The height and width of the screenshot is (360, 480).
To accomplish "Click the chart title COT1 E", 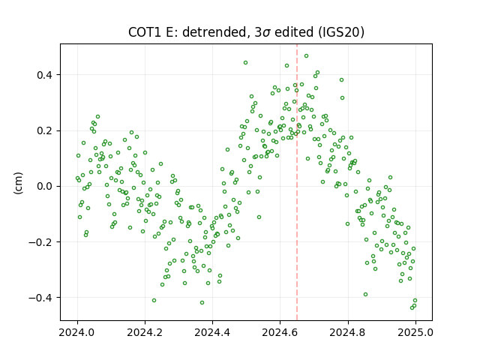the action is [x=153, y=32].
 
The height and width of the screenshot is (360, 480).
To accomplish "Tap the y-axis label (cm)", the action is [x=18, y=183].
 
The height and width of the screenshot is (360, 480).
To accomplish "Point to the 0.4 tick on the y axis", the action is [x=44, y=75].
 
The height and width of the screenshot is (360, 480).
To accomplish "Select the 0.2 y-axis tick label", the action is [x=44, y=130].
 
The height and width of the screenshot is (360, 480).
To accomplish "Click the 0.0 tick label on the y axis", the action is [x=44, y=186].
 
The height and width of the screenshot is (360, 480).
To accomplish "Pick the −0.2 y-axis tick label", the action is [x=40, y=241].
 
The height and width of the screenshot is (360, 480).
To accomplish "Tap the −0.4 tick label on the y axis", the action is [x=40, y=298].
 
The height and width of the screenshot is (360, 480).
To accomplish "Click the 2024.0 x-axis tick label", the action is [x=76, y=332].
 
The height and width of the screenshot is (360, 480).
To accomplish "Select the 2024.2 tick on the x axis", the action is [x=145, y=332].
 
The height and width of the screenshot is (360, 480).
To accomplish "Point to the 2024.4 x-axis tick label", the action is [x=212, y=332].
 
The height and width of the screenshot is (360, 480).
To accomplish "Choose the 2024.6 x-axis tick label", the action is [x=280, y=332].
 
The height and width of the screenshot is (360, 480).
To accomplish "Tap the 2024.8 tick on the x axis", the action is [x=347, y=332].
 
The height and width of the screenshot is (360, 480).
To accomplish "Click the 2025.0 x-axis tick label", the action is [x=415, y=332].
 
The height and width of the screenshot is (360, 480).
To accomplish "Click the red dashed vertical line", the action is [x=297, y=182].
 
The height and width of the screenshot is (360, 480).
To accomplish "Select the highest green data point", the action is [x=306, y=56].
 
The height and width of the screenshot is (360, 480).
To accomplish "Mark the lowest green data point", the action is [x=412, y=307].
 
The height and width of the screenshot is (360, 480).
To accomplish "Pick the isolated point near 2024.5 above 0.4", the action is [x=245, y=63].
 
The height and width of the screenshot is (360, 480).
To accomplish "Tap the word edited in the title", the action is [x=294, y=32].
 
